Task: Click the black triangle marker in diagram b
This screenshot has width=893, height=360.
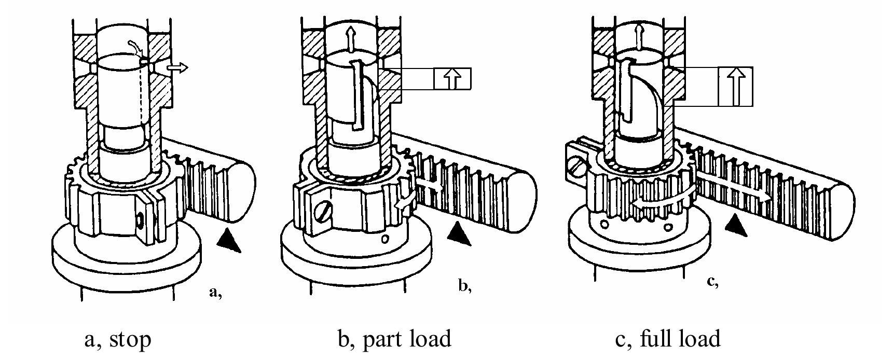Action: click(458, 233)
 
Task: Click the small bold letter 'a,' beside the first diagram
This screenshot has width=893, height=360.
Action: click(215, 292)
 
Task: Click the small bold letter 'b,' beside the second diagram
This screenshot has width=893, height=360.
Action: click(465, 286)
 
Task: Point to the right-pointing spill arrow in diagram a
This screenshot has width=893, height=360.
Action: click(177, 68)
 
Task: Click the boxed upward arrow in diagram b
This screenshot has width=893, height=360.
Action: click(453, 79)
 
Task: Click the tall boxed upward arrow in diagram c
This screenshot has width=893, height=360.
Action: click(735, 86)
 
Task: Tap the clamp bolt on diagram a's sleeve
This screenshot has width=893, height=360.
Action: click(141, 220)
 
